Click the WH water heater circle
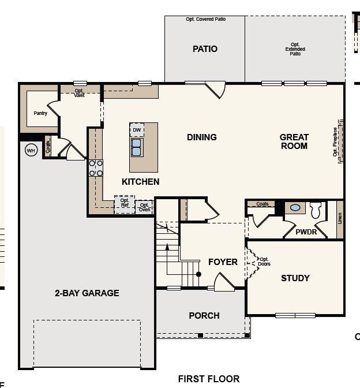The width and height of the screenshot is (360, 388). [31, 151]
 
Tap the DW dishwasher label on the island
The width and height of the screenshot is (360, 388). [137, 130]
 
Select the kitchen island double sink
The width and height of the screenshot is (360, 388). [137, 148]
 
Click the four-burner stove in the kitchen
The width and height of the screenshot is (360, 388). [96, 168]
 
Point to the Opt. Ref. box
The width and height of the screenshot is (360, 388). [125, 204]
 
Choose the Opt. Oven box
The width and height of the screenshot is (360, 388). [144, 207]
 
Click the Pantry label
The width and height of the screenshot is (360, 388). [40, 113]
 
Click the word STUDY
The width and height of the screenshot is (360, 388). [295, 278]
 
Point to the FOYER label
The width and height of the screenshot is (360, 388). [223, 262]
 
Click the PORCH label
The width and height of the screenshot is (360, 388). [204, 316]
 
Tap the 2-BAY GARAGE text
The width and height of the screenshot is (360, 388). [87, 293]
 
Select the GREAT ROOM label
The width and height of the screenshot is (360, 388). [294, 141]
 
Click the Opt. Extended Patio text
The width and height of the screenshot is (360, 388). [295, 49]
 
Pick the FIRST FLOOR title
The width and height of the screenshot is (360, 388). [208, 379]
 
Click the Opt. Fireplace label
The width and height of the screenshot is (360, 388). [335, 142]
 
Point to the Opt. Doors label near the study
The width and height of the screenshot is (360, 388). [264, 262]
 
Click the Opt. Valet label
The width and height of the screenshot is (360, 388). [80, 93]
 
